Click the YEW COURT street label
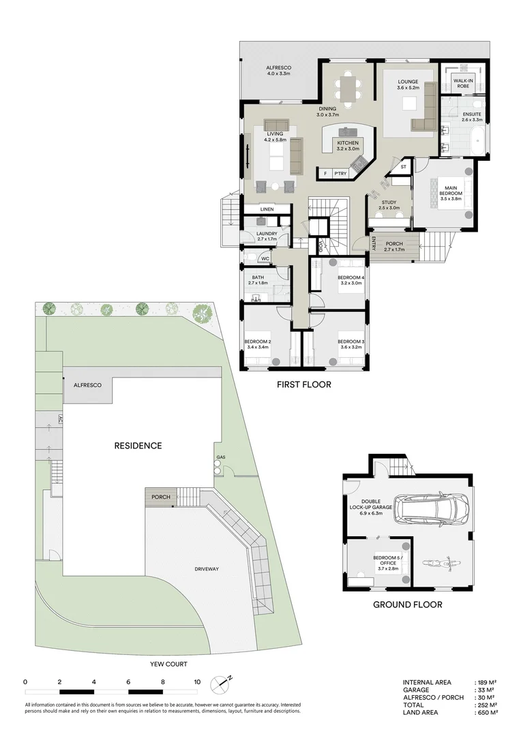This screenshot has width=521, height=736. pos(168,663)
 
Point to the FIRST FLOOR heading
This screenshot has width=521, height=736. pos(303,384)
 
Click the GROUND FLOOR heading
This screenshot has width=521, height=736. pos(407,604)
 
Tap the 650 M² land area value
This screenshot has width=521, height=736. pos(488,713)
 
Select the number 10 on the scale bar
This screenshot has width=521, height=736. pos(197,681)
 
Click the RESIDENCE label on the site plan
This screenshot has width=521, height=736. pos(138,446)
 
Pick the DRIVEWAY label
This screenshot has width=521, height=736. pos(210,568)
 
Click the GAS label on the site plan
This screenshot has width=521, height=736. pos(220,457)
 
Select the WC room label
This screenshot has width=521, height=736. pos(265,259)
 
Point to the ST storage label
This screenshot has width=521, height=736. pos(403,166)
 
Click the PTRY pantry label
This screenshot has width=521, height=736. pos(341,174)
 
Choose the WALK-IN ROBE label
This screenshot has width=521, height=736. pos(463,84)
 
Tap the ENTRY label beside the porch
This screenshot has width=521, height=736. pos(374,243)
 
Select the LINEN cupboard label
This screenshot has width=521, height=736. pos(267,209)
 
